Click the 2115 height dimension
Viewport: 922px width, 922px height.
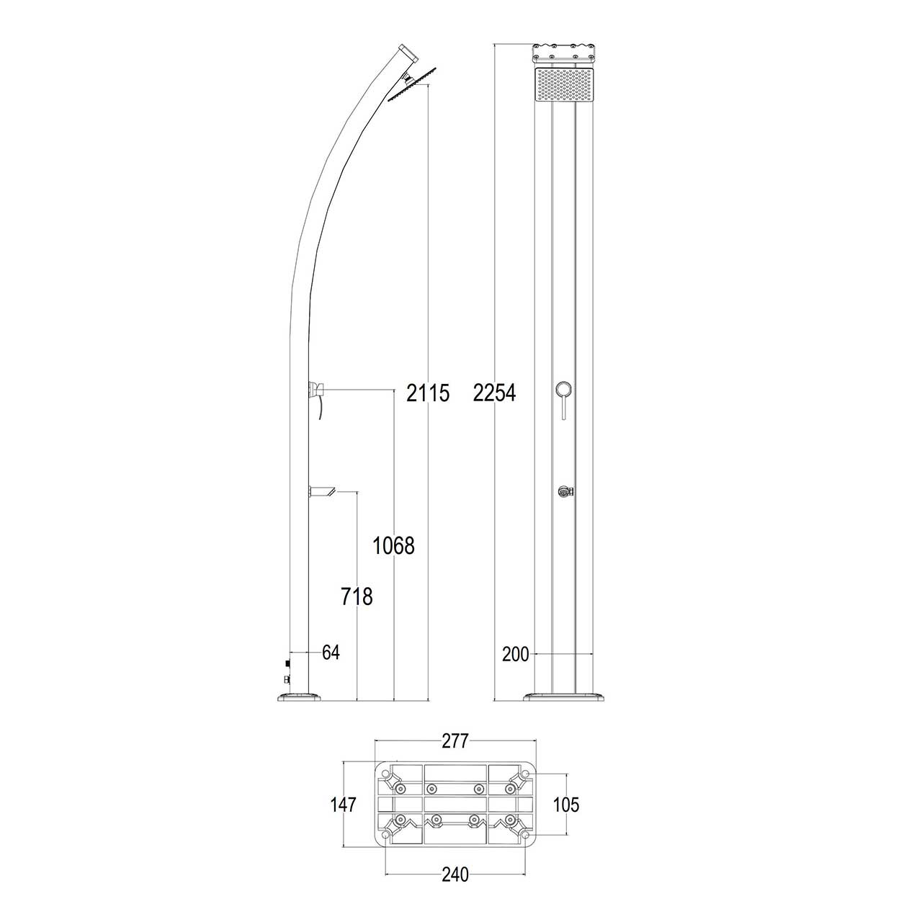pos(428,393)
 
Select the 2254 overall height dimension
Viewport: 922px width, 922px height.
pos(494,393)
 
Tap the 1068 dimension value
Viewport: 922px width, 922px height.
pos(393,546)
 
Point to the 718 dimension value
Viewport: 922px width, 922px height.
pos(357,596)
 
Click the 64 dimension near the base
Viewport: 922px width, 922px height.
pos(331,653)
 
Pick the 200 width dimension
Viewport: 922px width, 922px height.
pos(516,654)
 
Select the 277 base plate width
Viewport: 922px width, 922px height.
pos(455,740)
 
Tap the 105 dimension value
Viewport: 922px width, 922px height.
pos(566,805)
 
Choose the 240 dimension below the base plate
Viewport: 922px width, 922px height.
pos(455,874)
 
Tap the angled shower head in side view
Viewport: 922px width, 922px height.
pos(413,86)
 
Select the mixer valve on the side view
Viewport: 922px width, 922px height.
pos(317,390)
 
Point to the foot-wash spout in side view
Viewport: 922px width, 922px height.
pos(323,492)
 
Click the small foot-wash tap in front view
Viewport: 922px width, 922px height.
pos(564,492)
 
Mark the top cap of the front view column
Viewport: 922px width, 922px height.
pos(563,53)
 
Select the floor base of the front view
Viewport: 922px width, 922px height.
pos(563,696)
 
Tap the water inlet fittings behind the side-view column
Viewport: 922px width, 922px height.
pos(287,671)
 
